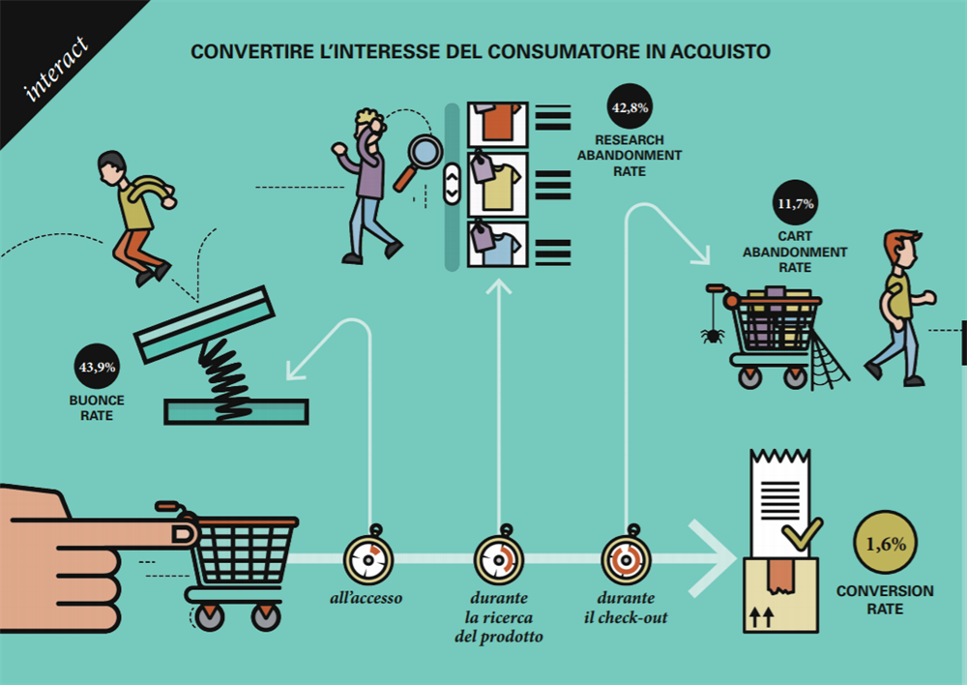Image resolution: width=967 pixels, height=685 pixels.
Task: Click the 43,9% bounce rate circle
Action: (96, 367)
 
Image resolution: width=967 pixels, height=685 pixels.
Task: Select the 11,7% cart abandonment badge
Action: (795, 205)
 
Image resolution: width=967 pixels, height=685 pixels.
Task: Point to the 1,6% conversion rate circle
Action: (886, 543)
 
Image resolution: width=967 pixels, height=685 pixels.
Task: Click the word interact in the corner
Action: (56, 69)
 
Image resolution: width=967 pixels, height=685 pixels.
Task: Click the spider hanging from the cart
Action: (713, 335)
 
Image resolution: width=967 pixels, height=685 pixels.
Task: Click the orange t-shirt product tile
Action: (497, 124)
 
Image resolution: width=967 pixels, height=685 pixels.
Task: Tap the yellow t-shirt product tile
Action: (497, 185)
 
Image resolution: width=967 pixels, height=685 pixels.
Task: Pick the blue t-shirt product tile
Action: (497, 246)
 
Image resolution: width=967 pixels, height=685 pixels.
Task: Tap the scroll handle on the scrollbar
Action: (452, 184)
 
